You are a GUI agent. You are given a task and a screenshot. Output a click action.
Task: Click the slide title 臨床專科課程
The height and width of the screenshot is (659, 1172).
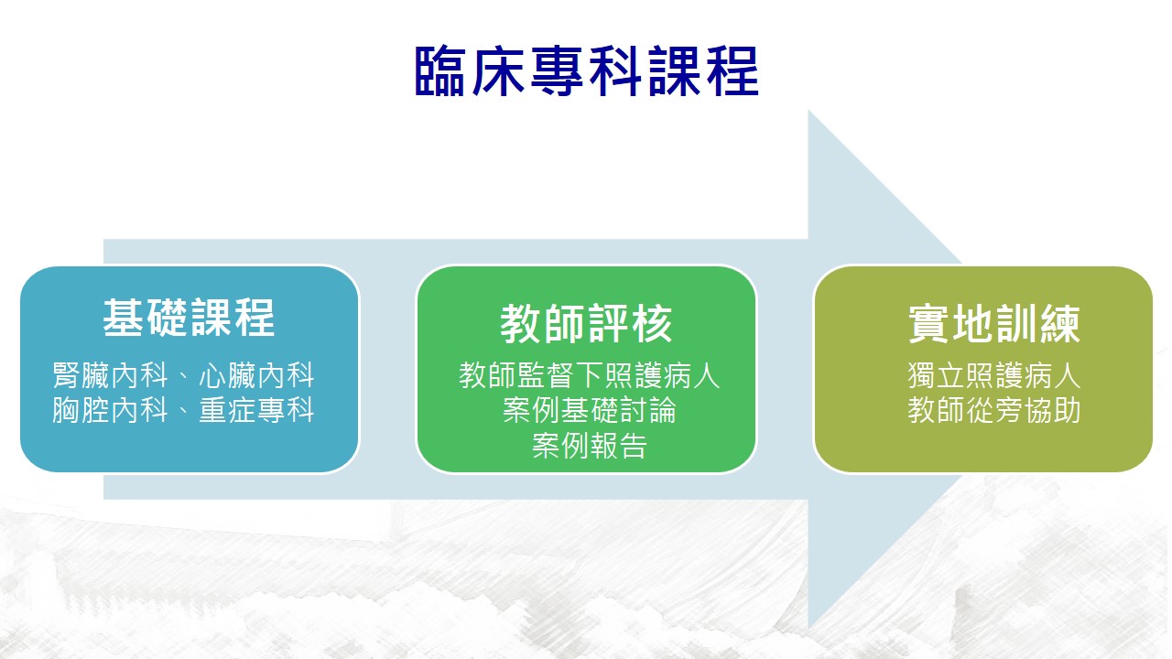587,71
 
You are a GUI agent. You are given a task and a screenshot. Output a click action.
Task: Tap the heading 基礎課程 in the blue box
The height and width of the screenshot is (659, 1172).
189,318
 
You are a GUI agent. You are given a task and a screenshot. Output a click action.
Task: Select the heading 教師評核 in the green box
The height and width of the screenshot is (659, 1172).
586,324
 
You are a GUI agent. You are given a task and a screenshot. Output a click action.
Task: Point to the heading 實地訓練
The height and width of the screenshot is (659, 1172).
994,324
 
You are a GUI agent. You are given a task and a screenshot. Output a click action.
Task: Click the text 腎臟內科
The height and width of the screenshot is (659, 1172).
110,375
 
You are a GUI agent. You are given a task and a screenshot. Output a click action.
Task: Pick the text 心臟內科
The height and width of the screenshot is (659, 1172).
256,375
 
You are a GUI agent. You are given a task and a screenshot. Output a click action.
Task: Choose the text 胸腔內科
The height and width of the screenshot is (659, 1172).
110,409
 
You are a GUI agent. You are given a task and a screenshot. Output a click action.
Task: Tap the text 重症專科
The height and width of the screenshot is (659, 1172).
256,409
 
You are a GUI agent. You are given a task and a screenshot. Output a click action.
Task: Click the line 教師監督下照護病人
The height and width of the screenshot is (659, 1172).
589,375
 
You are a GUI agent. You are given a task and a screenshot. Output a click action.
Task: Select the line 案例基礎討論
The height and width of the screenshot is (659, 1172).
589,409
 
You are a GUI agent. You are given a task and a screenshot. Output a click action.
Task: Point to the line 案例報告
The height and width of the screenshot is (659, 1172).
589,445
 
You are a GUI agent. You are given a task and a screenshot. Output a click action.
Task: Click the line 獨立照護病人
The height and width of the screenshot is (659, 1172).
994,375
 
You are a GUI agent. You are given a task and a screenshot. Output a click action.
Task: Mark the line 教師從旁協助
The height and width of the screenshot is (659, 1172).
994,409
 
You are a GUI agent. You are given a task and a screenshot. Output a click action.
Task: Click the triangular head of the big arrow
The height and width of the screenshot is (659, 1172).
884,369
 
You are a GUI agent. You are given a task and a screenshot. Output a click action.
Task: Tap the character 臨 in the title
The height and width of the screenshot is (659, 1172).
439,71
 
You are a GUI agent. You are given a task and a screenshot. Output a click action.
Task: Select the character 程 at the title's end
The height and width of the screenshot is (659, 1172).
732,71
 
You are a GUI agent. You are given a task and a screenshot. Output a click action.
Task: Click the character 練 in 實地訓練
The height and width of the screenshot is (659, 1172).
1060,324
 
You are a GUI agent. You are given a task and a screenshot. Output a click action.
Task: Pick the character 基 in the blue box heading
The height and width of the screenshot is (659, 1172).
123,318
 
